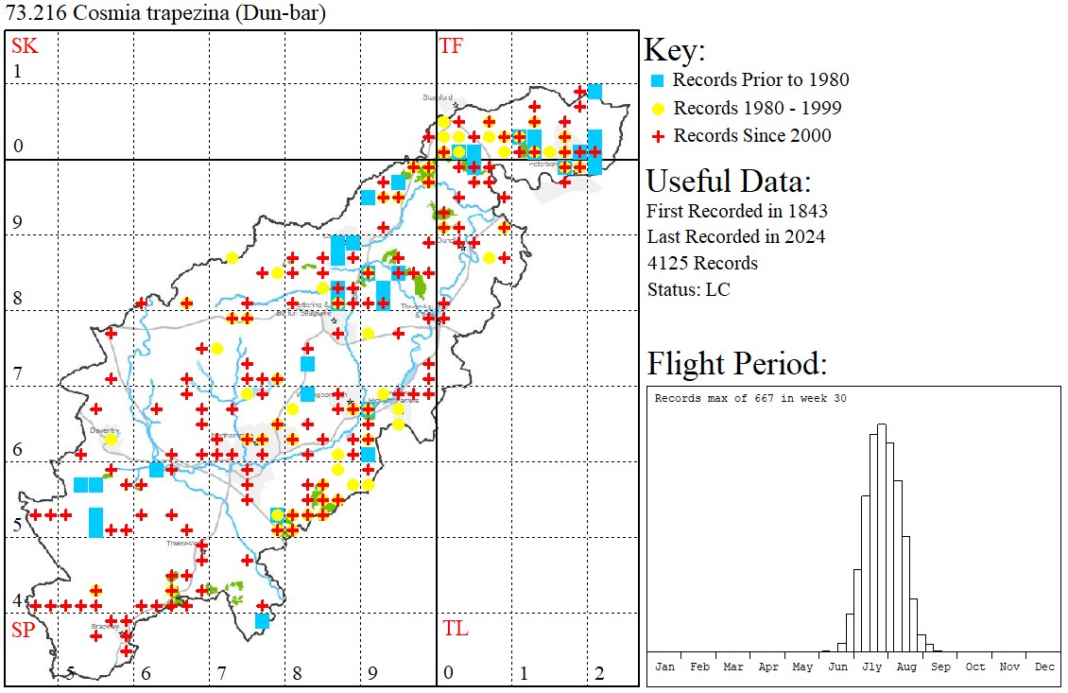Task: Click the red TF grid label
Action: coord(452,45)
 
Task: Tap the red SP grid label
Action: coord(23,630)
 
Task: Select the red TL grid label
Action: coord(455,629)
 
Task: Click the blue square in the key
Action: coord(659,80)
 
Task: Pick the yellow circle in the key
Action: coord(659,108)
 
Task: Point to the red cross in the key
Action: coord(659,136)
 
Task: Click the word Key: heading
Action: coord(675,50)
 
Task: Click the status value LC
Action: coord(717,289)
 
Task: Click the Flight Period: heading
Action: coord(737,363)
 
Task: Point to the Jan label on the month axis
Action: coord(665,667)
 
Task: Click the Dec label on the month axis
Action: coord(1044,667)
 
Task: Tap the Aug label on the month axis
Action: coord(906,667)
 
